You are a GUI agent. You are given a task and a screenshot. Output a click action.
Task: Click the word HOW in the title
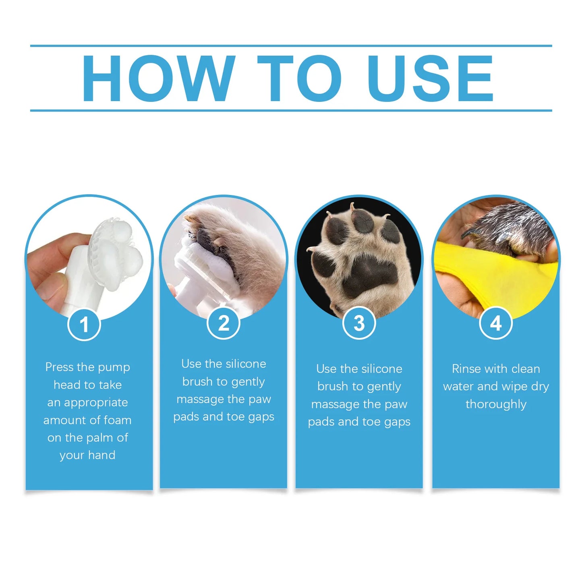[x=158, y=79]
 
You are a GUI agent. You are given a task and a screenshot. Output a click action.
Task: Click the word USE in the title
[x=430, y=79]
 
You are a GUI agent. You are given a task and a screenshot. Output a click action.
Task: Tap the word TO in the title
[x=299, y=79]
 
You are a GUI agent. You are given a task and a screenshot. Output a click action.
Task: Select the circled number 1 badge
[x=84, y=324]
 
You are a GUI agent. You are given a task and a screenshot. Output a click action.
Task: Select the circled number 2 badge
[x=224, y=323]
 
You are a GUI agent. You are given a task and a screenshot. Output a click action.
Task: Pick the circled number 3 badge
[x=359, y=323]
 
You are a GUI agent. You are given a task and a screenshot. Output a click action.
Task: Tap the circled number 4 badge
[x=496, y=323]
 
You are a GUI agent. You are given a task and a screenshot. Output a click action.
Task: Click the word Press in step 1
[x=60, y=367]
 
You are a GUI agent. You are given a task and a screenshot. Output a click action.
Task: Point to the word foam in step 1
[x=117, y=420]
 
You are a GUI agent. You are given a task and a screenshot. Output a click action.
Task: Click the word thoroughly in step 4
[x=496, y=404]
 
